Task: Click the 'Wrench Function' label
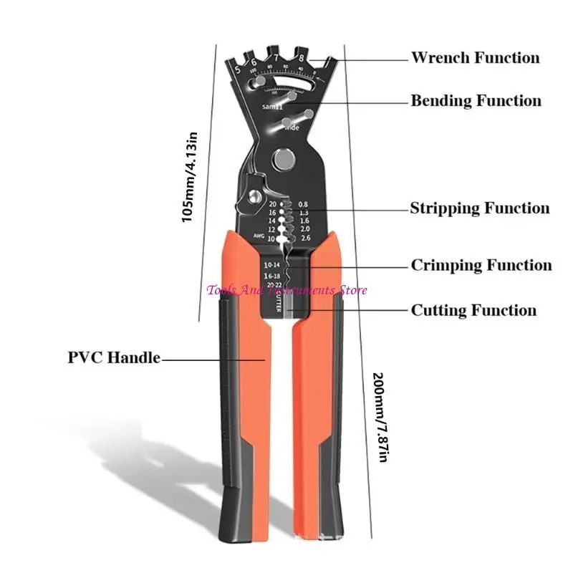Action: [x=475, y=57]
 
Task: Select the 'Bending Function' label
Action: [x=476, y=101]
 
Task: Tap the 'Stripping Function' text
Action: [x=479, y=208]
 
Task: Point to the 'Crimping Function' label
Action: [x=481, y=266]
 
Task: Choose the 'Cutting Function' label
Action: [x=473, y=310]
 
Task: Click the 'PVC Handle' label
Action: [x=114, y=357]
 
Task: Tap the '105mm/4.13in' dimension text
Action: [x=188, y=175]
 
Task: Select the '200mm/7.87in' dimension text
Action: [x=380, y=418]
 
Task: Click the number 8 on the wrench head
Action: [x=302, y=57]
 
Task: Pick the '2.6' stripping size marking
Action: [x=305, y=238]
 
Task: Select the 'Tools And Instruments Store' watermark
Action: [x=286, y=290]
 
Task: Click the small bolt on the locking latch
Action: [x=254, y=196]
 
